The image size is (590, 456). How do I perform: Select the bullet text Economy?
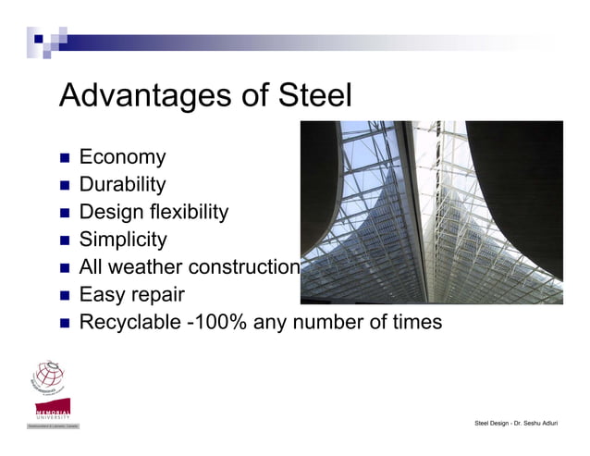pos(122,158)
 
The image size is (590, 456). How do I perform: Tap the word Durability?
pos(123,185)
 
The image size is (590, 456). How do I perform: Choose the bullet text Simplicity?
pos(123,240)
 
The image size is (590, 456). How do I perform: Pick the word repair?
pos(156,296)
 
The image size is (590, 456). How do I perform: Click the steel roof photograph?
pos(431,212)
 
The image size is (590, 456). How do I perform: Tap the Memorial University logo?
pos(53,413)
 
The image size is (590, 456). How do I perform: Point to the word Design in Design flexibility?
pos(110,213)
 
